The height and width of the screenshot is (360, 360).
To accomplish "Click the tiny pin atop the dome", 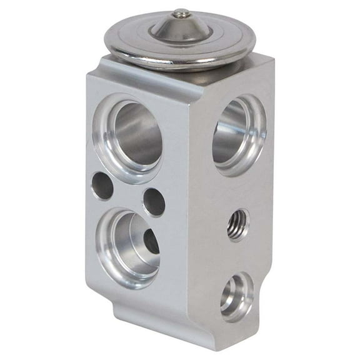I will pyautogui.click(x=181, y=12).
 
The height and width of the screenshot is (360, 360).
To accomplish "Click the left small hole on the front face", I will pyautogui.click(x=102, y=186).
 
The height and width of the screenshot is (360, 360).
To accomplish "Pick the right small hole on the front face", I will pyautogui.click(x=154, y=202).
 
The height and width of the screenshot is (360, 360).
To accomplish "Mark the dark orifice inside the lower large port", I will pyautogui.click(x=151, y=241).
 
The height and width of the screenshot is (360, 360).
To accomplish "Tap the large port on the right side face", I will pyautogui.click(x=239, y=133).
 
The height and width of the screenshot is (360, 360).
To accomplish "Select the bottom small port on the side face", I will pyautogui.click(x=236, y=293).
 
